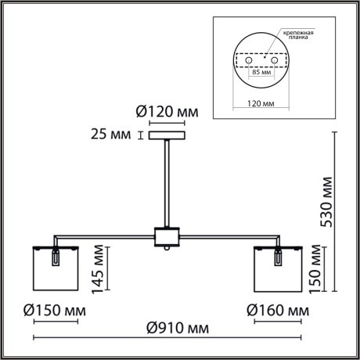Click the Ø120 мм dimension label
click(x=167, y=113)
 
